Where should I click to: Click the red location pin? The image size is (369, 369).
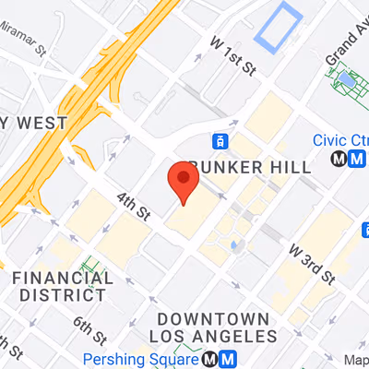click(184, 183)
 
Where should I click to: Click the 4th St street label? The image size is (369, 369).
click(134, 205)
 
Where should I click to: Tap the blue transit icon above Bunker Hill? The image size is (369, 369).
click(220, 142)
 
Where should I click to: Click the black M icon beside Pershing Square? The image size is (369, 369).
click(211, 359)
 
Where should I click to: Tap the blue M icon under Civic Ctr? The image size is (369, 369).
click(355, 159)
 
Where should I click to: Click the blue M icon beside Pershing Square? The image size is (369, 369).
click(228, 359)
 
